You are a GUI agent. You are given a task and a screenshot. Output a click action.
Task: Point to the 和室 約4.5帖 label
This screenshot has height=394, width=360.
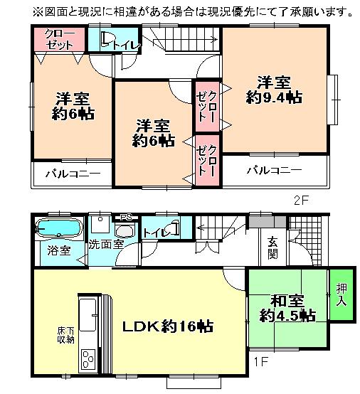point(288,307)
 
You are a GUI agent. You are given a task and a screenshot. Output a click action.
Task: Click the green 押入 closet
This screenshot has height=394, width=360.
point(340,294)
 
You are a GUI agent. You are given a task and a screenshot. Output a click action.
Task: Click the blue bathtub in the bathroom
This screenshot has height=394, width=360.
point(57,229)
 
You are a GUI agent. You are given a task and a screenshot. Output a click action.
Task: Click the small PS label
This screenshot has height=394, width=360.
point(125,217)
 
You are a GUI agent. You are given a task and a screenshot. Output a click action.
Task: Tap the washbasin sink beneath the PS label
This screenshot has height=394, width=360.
point(125,231)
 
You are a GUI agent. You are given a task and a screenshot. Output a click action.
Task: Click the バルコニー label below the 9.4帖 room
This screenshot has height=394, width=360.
point(274,171)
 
